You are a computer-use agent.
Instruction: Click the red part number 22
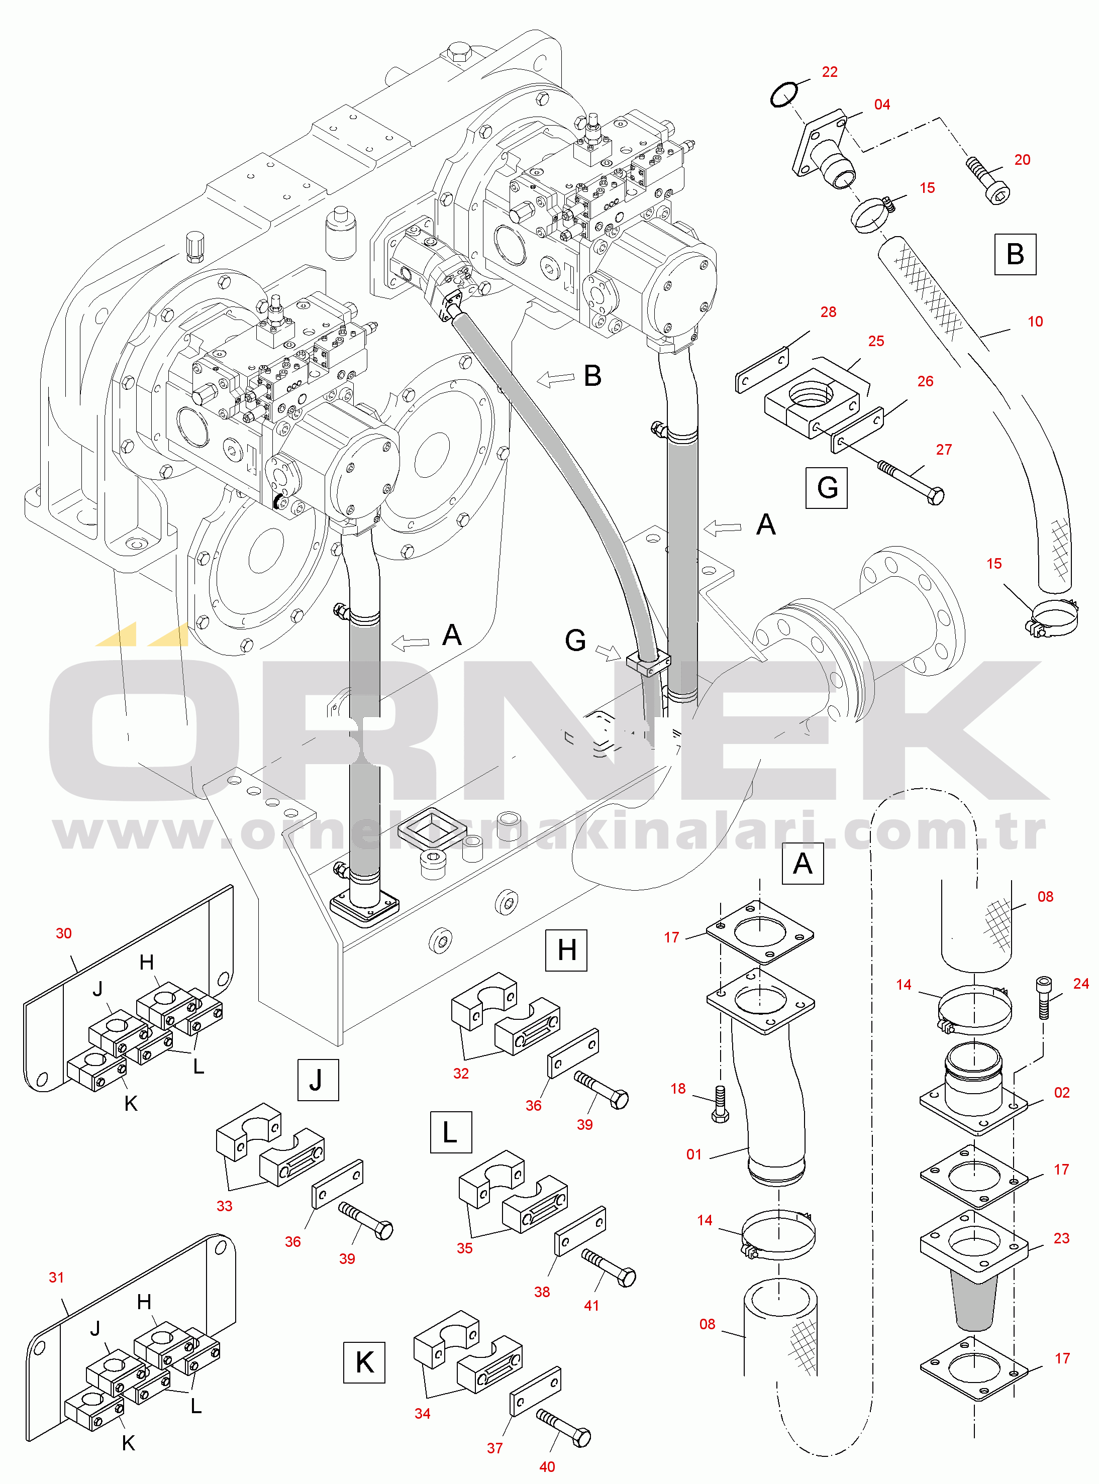(x=829, y=72)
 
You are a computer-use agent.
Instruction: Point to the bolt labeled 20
(x=988, y=179)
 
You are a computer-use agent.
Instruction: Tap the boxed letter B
(x=1015, y=254)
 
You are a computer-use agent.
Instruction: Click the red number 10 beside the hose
(x=1035, y=322)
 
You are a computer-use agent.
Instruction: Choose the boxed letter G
(x=826, y=487)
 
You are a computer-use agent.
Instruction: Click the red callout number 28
(x=828, y=312)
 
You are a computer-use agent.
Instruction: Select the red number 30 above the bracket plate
(x=64, y=933)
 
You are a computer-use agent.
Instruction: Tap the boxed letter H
(x=566, y=950)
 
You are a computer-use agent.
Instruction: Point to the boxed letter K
(x=364, y=1362)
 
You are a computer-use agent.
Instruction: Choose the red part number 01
(x=694, y=1154)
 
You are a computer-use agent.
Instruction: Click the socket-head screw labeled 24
(x=1044, y=997)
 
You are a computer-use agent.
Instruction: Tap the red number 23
(x=1062, y=1238)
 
